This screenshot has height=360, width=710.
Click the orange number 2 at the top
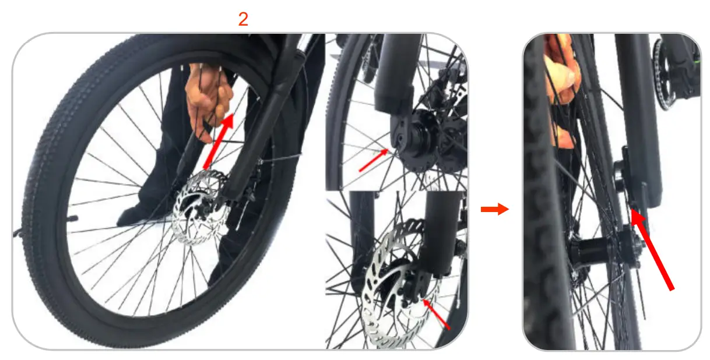(x=243, y=20)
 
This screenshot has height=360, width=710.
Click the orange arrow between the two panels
(x=494, y=210)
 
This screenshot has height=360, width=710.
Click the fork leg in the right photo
(x=641, y=117)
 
